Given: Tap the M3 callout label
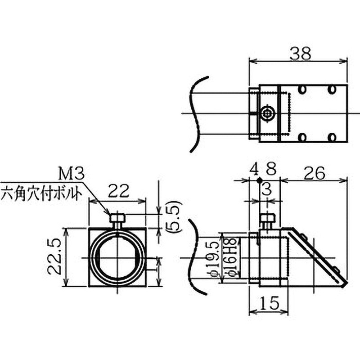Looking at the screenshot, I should coord(71,172).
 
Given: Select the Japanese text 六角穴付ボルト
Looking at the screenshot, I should coord(42,194).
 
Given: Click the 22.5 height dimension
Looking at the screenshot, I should coord(54,257).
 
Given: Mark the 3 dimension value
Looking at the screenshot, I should coord(266,190).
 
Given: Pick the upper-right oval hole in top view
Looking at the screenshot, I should coord(331,90).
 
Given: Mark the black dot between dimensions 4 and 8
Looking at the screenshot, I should coord(259,180).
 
